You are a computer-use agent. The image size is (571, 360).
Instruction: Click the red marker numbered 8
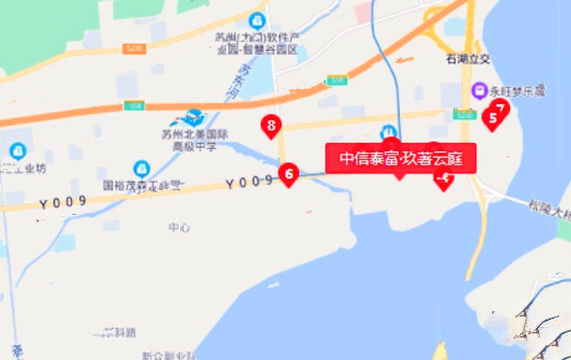coord(271,126)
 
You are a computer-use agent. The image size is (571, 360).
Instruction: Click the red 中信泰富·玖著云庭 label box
coord(401,159)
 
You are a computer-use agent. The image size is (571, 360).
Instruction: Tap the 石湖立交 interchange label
coord(468,59)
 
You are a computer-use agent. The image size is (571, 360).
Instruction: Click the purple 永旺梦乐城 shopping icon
coord(480,91)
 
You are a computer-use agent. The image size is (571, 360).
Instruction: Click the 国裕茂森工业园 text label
coord(144,186)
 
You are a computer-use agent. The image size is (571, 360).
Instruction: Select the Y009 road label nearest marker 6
coord(249,182)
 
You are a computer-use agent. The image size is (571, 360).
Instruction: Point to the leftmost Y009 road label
coord(62,201)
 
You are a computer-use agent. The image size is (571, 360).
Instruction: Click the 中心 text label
coord(179,227)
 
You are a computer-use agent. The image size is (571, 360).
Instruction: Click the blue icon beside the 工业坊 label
coord(18,152)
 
